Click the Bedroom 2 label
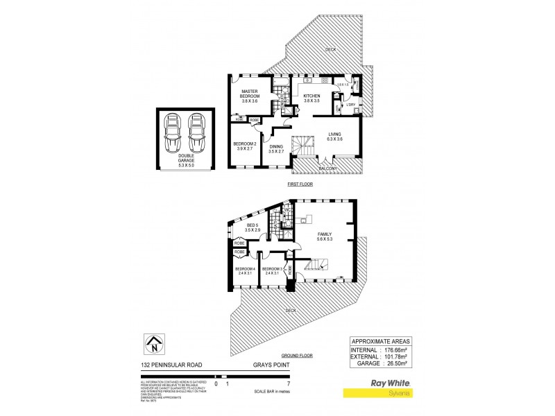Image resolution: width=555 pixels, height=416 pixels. coord(247,146)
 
